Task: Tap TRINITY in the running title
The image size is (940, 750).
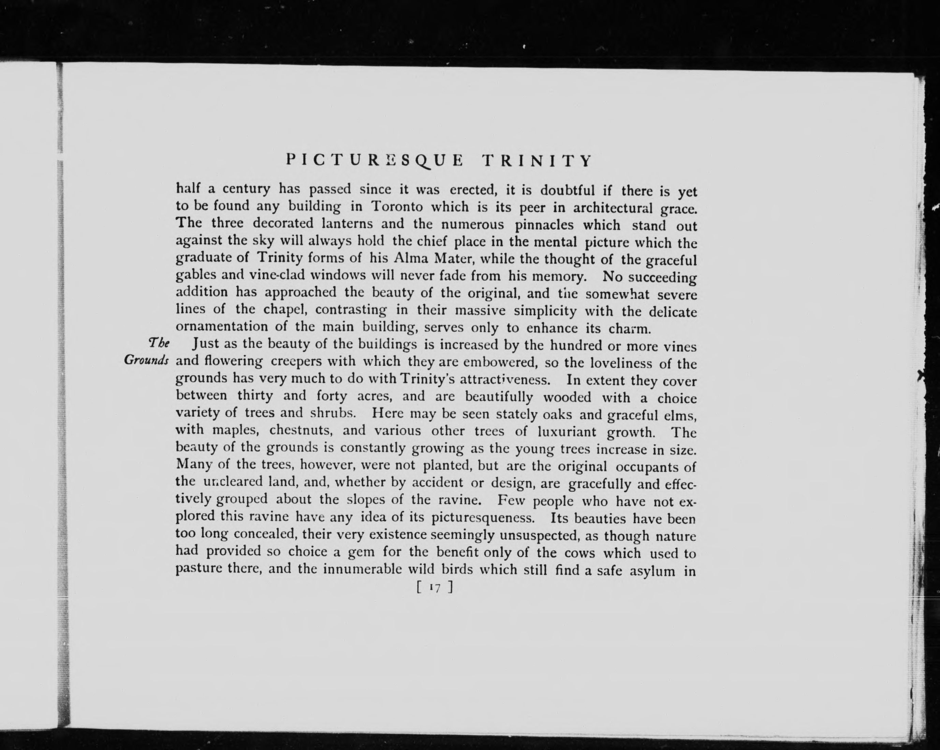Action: [x=537, y=161]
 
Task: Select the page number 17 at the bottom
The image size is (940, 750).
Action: [x=435, y=588]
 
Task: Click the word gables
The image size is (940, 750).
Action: [x=196, y=275]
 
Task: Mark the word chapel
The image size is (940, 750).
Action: [x=287, y=309]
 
